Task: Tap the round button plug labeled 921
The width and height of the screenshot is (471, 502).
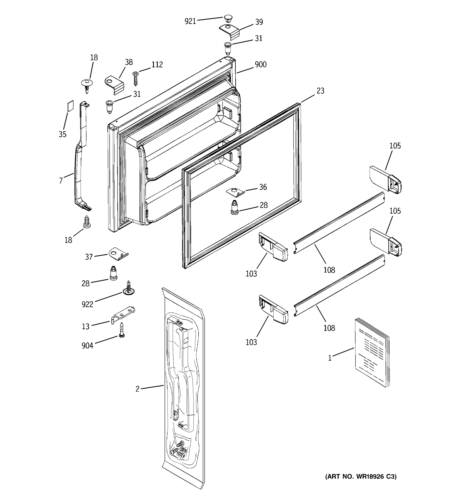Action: click(228, 18)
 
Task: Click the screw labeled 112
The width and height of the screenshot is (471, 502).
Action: click(136, 78)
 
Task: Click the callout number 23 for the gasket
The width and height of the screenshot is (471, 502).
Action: click(320, 91)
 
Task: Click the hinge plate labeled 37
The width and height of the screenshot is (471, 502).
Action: click(118, 253)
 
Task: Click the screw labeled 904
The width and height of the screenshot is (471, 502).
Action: click(122, 330)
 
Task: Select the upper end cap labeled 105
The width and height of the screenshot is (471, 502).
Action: click(385, 180)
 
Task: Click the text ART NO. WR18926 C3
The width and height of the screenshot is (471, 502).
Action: click(361, 476)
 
